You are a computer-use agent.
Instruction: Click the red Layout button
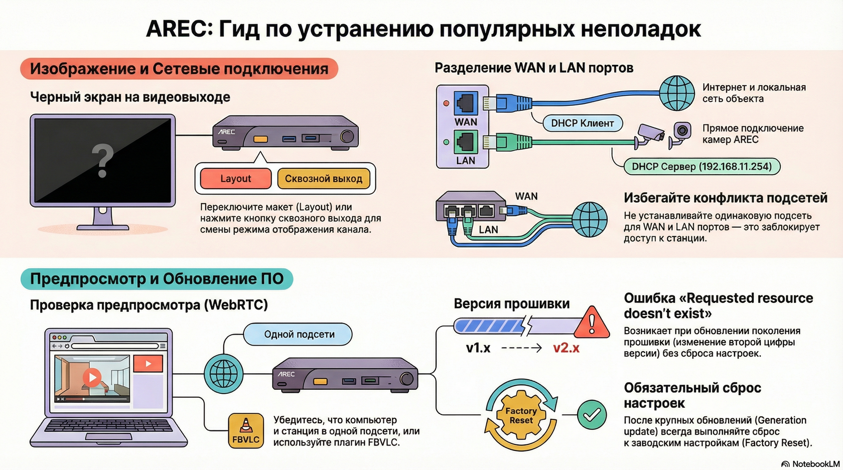coord(235,179)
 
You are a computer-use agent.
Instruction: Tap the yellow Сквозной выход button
coord(324,179)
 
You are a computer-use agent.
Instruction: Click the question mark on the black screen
coord(102,160)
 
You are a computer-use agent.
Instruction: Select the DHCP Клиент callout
coord(582,123)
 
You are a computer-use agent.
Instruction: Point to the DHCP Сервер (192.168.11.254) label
coord(701,167)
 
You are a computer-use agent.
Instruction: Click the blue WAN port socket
coord(466,103)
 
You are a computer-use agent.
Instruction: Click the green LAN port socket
coord(466,142)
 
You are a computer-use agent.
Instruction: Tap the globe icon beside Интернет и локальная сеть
coord(677,93)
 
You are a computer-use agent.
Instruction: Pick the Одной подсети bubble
coord(299,335)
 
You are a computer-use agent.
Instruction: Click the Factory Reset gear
coord(521,415)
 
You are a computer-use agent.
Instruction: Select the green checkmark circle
coord(592,414)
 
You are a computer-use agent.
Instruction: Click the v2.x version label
coord(566,348)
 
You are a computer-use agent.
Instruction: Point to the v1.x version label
coord(478,348)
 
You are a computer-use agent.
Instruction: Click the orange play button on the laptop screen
coord(92,377)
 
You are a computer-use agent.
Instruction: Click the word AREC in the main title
coord(180,29)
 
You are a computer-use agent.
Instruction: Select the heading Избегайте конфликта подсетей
coord(725,198)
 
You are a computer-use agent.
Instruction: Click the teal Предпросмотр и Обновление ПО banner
coord(157,279)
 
